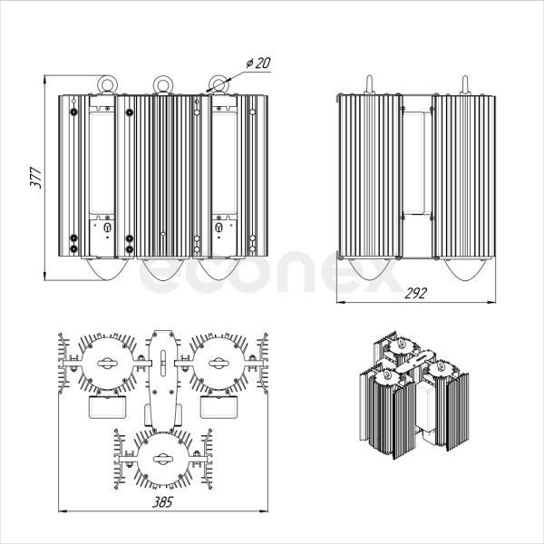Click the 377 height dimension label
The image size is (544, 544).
(x=35, y=178)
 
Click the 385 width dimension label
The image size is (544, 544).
(x=162, y=501)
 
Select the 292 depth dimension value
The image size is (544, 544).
(x=415, y=293)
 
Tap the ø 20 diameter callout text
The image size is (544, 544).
(x=258, y=63)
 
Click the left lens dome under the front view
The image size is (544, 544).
(x=107, y=269)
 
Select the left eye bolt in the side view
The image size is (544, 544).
(x=369, y=84)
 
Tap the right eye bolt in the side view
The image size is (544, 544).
(x=464, y=84)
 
